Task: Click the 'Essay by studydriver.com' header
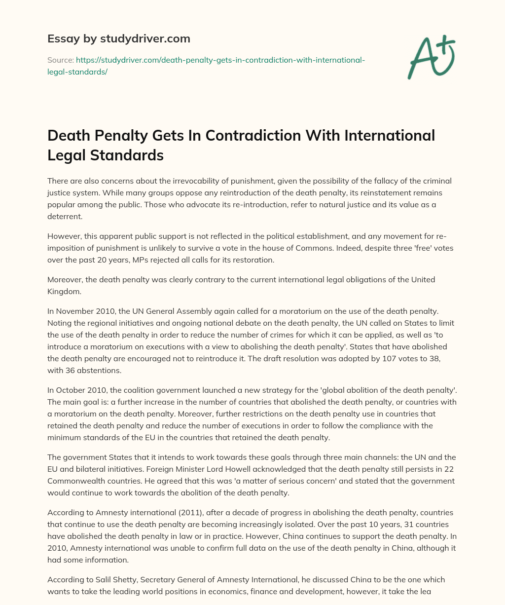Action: tap(119, 38)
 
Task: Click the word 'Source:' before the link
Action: tap(60, 60)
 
